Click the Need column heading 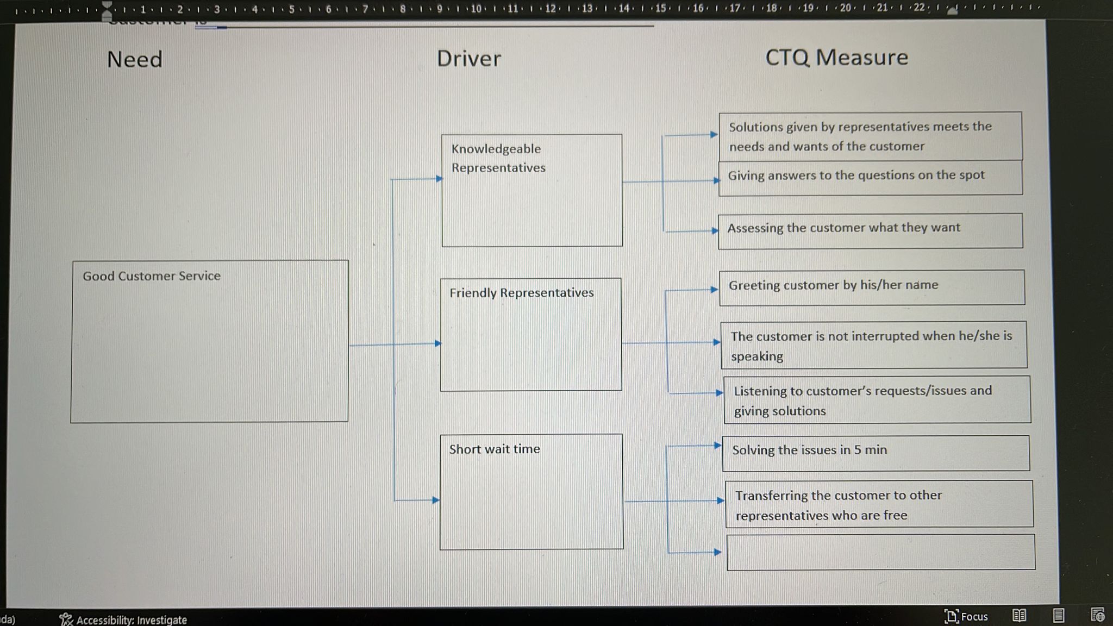(135, 59)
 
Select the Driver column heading (468, 59)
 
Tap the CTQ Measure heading (836, 58)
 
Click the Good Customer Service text (152, 276)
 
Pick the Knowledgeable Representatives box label (498, 158)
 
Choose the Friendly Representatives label (521, 293)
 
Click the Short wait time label (494, 449)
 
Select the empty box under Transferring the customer (880, 552)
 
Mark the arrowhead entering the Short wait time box (436, 500)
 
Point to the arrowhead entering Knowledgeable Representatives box (439, 178)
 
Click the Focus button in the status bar (966, 616)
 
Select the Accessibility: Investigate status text (131, 620)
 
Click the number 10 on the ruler (476, 9)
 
